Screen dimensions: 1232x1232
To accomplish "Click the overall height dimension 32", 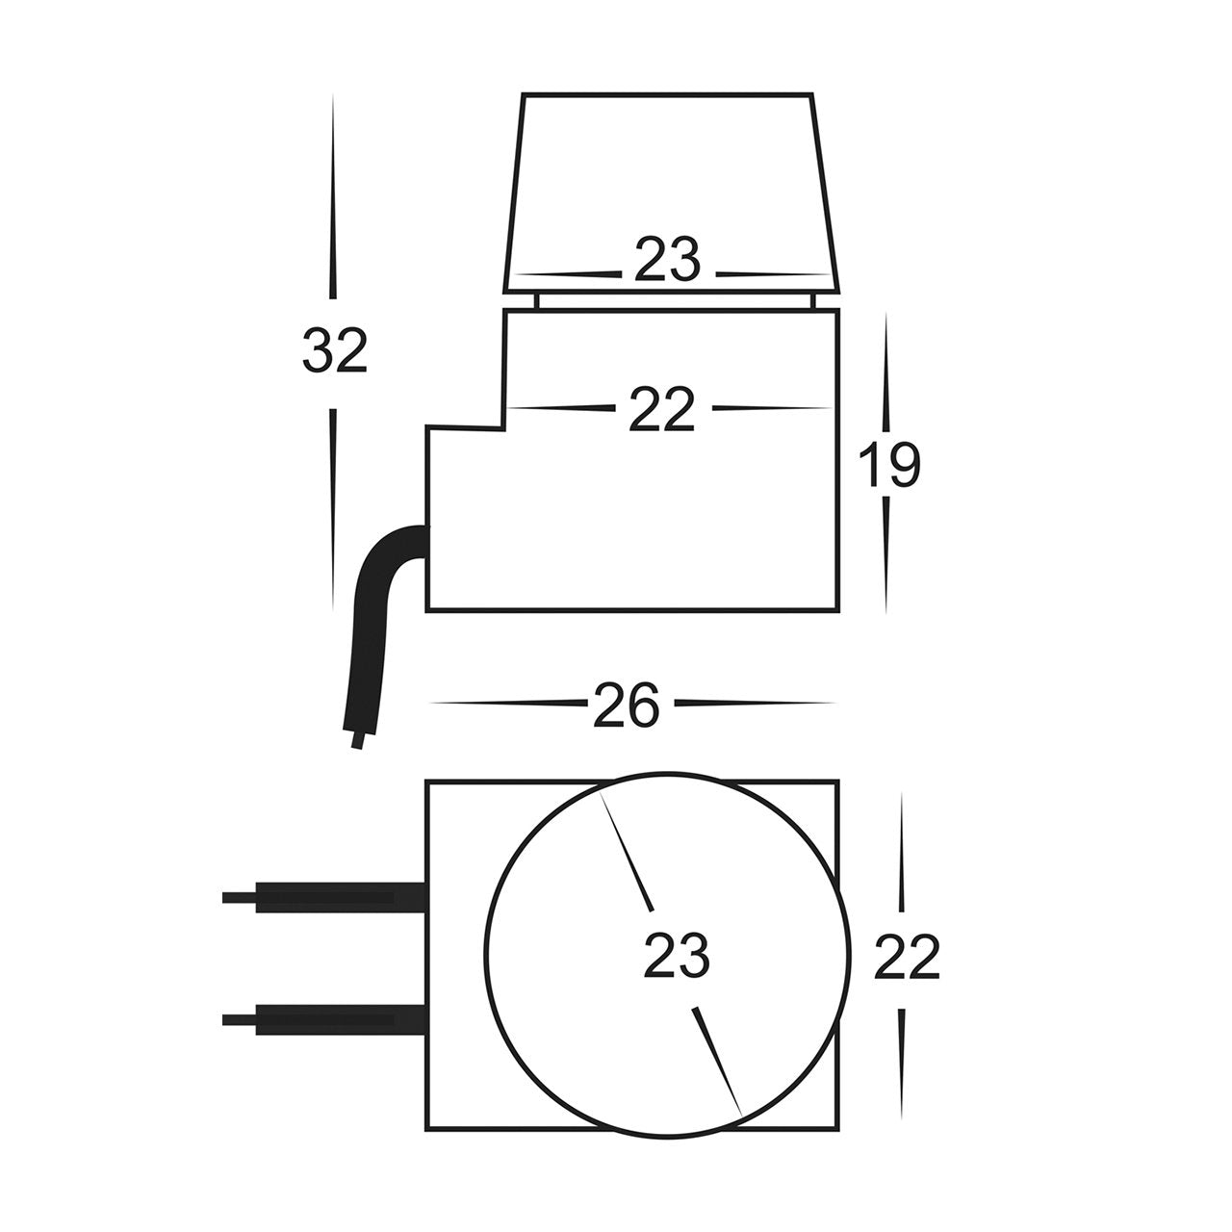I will click(x=335, y=351).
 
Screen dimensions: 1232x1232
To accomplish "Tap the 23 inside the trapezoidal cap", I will click(x=666, y=262).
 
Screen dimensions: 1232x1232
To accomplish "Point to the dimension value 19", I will click(x=888, y=467).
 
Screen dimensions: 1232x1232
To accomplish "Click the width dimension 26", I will click(x=626, y=706).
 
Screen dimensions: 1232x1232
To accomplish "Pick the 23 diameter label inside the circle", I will click(x=676, y=957).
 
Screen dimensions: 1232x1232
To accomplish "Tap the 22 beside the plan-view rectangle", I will click(x=906, y=959).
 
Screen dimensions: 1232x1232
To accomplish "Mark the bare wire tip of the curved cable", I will click(x=359, y=741).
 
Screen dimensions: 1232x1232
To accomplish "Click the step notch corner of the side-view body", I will click(x=506, y=426).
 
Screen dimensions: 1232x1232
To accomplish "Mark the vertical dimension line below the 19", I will click(x=885, y=558).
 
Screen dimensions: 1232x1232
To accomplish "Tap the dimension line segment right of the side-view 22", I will click(x=770, y=407).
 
